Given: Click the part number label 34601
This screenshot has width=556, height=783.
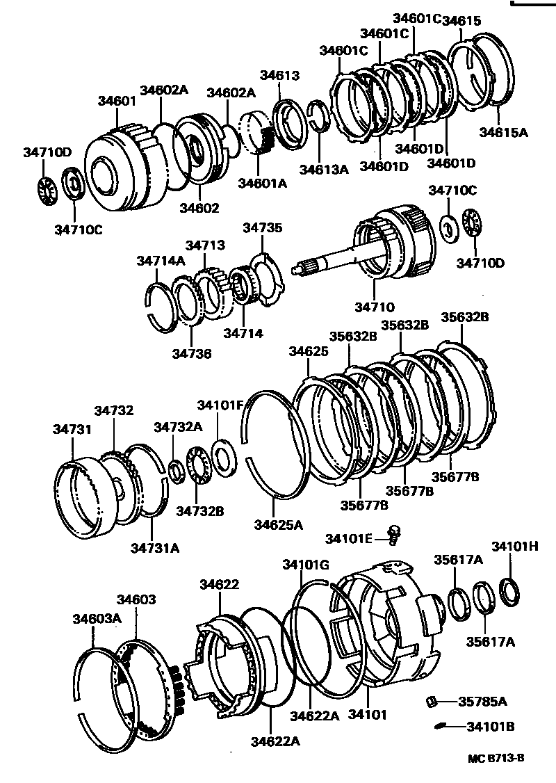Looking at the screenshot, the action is [116, 101].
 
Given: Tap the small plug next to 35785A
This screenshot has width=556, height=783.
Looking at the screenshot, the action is [431, 701].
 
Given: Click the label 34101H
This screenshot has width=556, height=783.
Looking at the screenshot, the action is [515, 546].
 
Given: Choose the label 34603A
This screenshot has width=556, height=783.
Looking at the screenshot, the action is [97, 618].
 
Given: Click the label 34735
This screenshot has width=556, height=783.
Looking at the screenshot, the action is [262, 227].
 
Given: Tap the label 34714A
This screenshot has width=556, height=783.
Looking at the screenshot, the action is [161, 261].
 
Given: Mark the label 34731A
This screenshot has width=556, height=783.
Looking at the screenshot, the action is [154, 547].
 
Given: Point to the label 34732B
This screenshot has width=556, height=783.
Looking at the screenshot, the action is [199, 511].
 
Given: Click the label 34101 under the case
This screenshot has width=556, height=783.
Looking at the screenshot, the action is [367, 714].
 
